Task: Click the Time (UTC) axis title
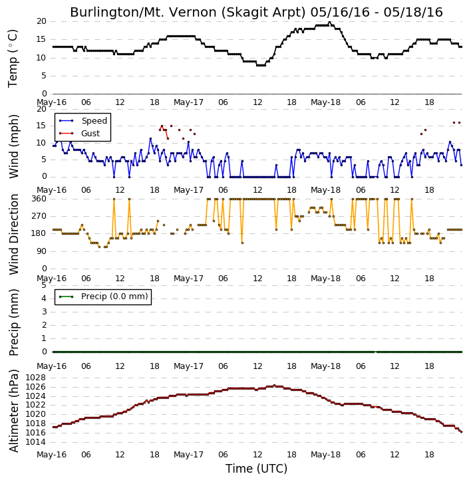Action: click(x=256, y=469)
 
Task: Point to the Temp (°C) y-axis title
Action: click(x=13, y=58)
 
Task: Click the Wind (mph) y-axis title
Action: click(x=13, y=146)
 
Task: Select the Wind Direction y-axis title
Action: click(x=13, y=234)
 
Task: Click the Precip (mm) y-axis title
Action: click(x=13, y=322)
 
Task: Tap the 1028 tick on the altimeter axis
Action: click(x=36, y=378)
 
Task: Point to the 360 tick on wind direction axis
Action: click(x=39, y=199)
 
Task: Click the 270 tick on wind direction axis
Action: click(x=39, y=216)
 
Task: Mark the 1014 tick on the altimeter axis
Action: click(x=36, y=442)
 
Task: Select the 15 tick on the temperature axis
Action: click(x=41, y=39)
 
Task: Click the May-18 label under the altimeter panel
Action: click(x=326, y=454)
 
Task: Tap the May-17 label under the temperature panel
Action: click(x=188, y=102)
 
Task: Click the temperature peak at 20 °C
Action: click(x=329, y=22)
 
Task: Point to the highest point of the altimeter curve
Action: click(x=274, y=385)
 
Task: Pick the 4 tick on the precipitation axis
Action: click(x=44, y=299)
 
